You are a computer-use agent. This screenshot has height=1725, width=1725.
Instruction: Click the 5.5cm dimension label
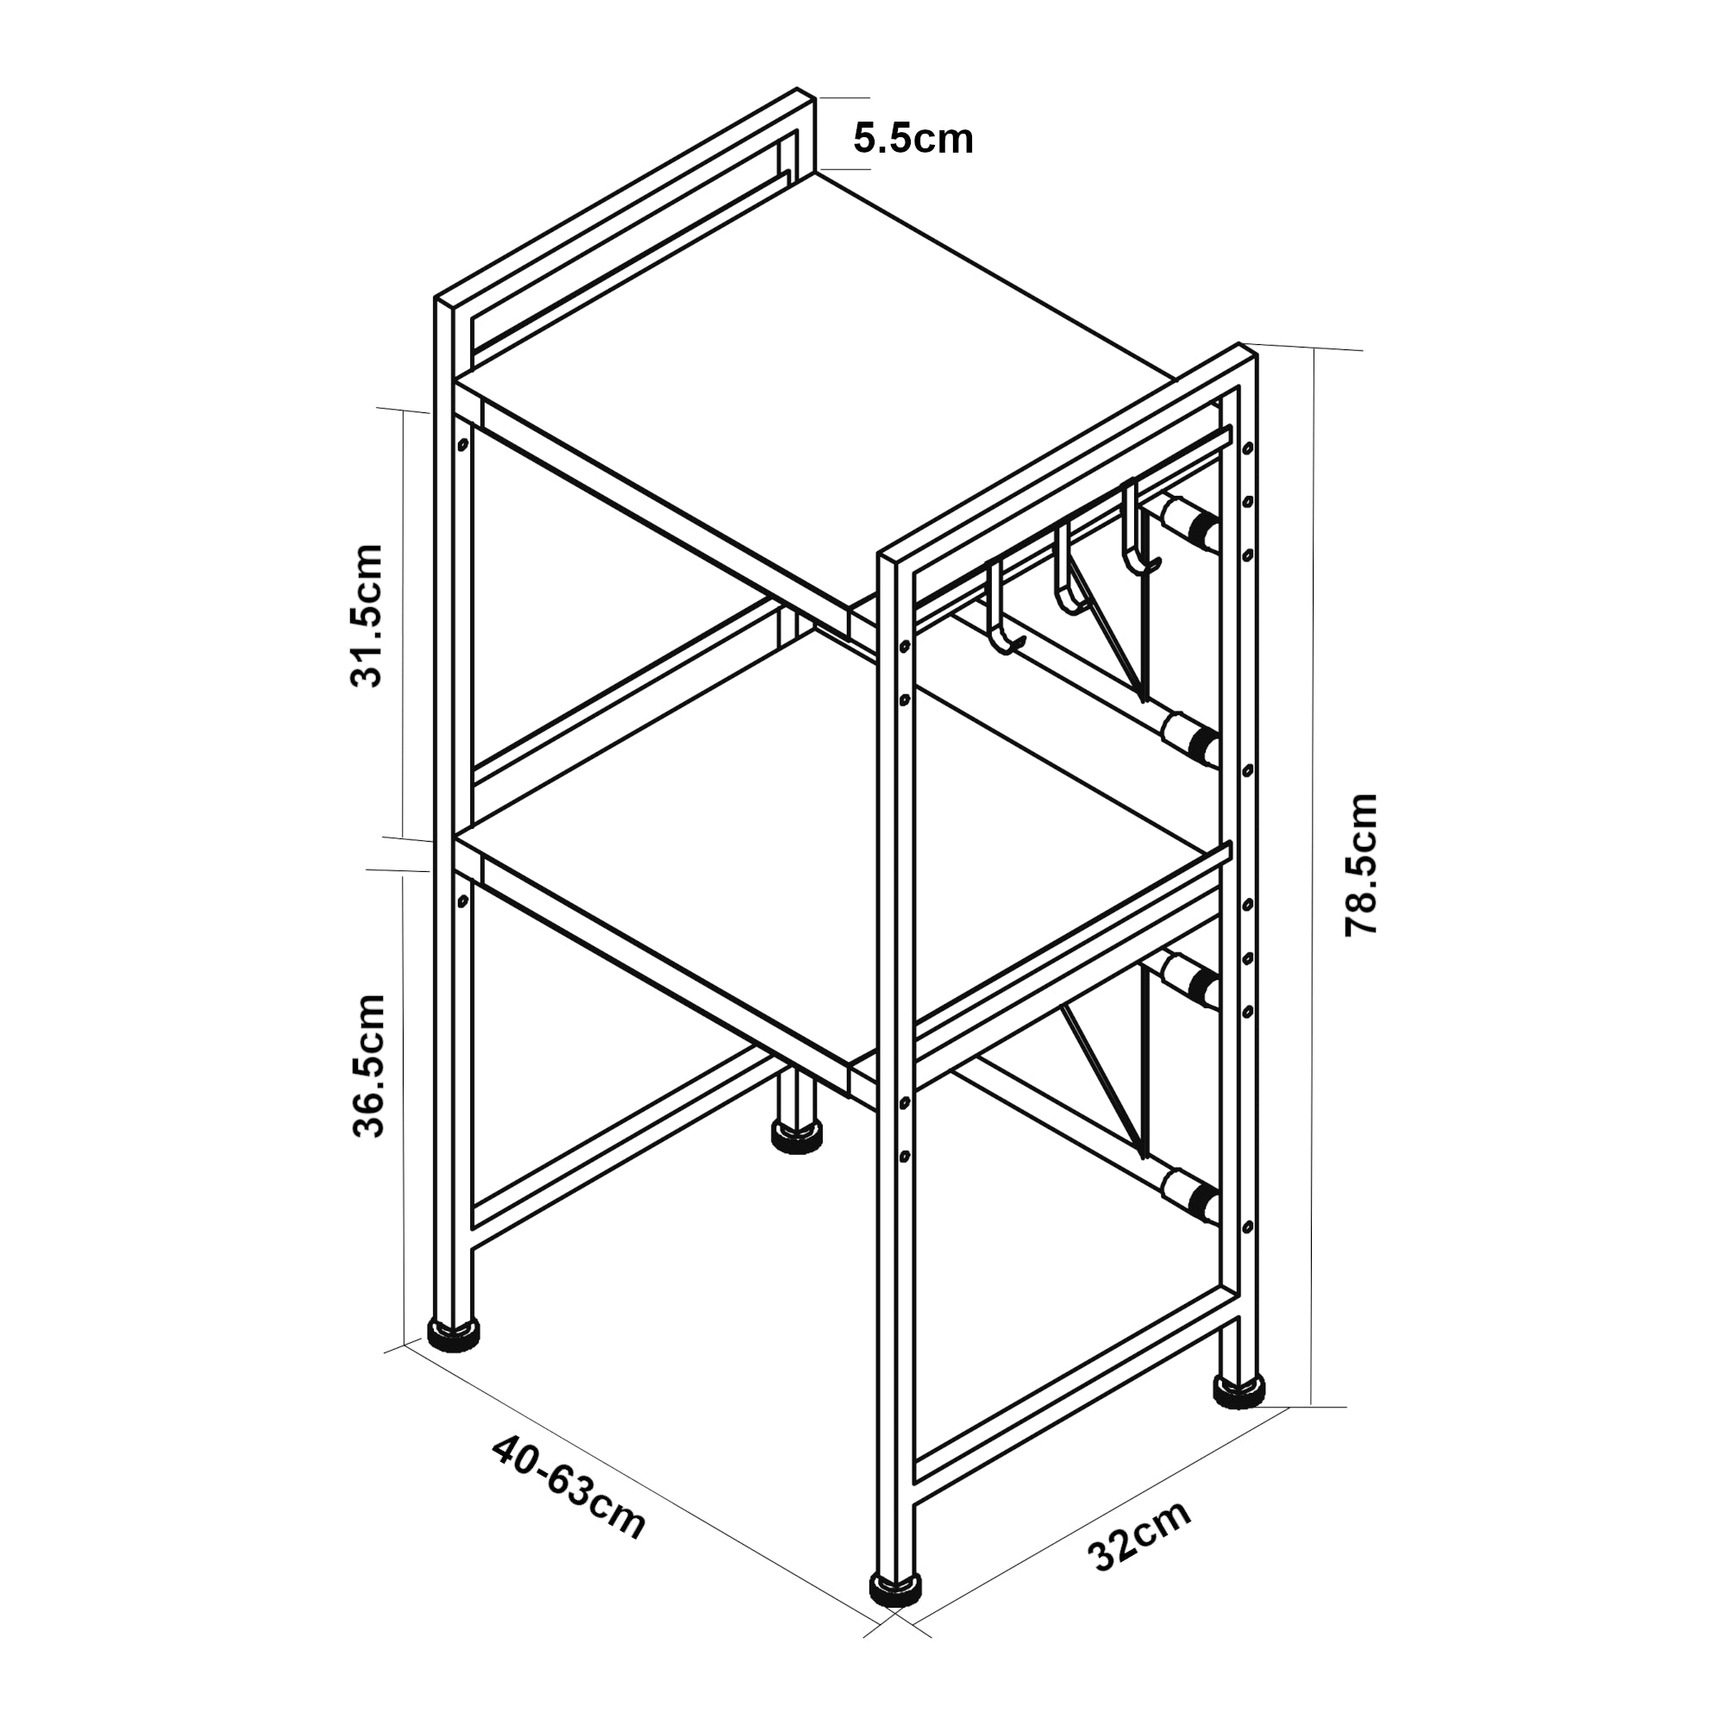point(913,139)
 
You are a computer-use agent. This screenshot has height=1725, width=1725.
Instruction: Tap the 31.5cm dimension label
point(366,615)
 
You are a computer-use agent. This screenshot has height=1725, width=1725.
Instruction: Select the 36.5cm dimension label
point(368,1065)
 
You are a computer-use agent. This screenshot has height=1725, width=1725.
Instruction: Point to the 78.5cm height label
point(1361,864)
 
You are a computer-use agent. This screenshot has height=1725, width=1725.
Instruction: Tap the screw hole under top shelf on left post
point(462,443)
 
